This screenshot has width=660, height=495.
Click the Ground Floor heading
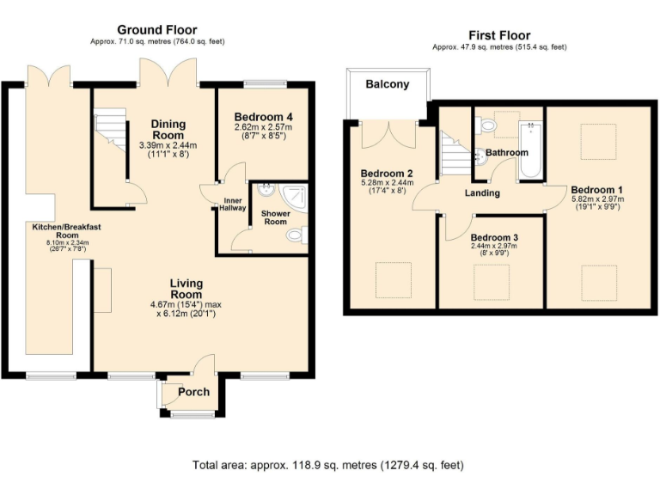[157, 29]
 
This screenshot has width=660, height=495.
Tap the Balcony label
[388, 84]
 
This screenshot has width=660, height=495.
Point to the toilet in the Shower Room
[295, 234]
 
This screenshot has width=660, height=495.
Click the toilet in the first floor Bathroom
[487, 126]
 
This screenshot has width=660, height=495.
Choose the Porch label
[193, 392]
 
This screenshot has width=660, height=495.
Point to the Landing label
[482, 193]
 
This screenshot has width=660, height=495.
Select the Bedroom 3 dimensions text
[492, 250]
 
